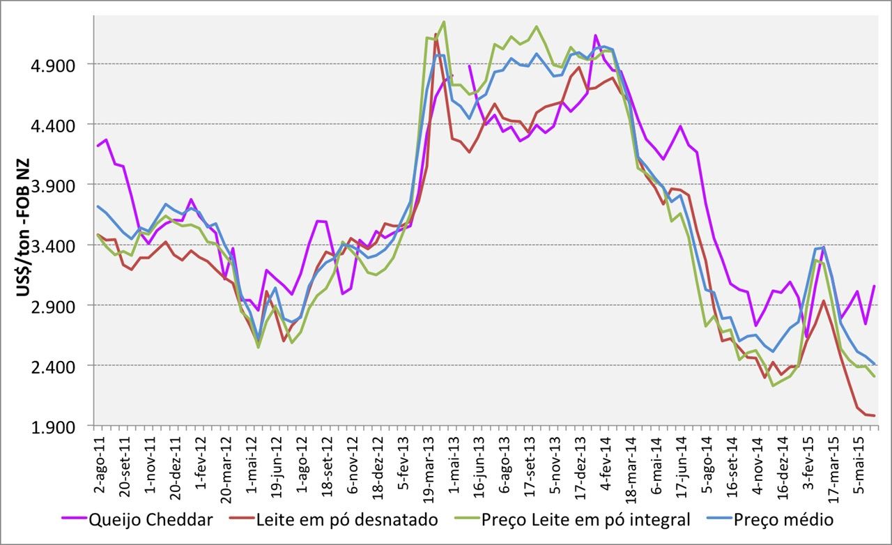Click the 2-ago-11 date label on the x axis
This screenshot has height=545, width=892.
(99, 461)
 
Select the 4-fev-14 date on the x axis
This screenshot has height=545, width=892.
(605, 462)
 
